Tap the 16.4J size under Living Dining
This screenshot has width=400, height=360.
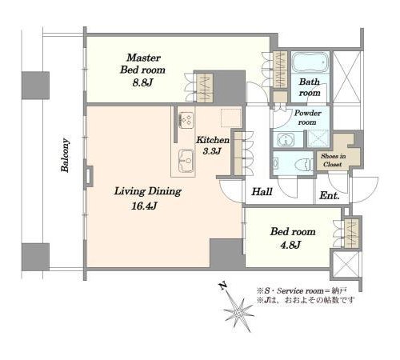tap(144, 206)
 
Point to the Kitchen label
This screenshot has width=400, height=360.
tap(213, 140)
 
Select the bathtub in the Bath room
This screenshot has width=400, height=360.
tap(310, 62)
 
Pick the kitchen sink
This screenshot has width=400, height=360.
tap(186, 161)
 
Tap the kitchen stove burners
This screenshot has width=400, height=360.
tap(186, 119)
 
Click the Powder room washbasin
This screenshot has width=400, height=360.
tap(286, 139)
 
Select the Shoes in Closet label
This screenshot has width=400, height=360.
tap(333, 160)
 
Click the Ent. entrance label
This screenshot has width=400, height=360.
tap(330, 196)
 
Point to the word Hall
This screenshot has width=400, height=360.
tap(262, 191)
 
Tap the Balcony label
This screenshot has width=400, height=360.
tap(65, 155)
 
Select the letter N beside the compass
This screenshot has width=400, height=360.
tap(222, 286)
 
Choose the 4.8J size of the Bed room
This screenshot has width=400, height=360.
tap(290, 245)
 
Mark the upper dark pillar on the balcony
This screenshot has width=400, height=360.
tap(35, 86)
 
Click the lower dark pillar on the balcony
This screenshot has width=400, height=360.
tap(35, 257)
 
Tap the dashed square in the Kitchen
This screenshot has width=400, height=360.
tap(231, 118)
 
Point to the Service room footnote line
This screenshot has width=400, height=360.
tap(302, 290)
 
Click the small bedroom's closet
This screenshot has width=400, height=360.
tap(351, 234)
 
